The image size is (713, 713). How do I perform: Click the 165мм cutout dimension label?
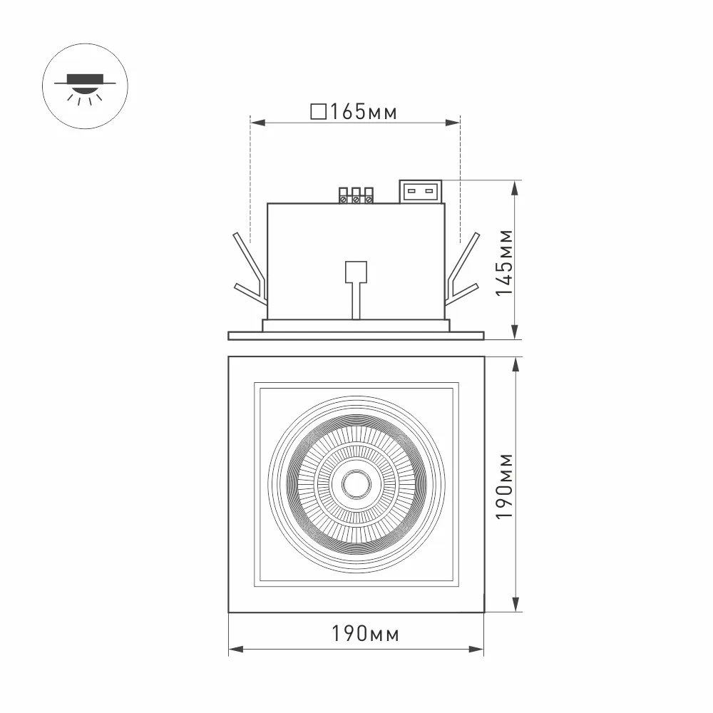pyautogui.click(x=364, y=111)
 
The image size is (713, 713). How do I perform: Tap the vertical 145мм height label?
pyautogui.click(x=504, y=263)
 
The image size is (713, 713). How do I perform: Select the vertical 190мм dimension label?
pyautogui.click(x=504, y=486)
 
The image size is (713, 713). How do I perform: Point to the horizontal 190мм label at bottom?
pyautogui.click(x=365, y=633)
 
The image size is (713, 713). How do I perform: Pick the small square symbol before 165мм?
pyautogui.click(x=318, y=111)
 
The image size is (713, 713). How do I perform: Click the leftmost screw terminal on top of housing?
pyautogui.click(x=344, y=195)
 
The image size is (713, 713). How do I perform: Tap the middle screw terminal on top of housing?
pyautogui.click(x=356, y=195)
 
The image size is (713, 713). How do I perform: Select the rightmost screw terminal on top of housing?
pyautogui.click(x=369, y=195)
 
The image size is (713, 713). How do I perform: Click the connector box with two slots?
pyautogui.click(x=421, y=191)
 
